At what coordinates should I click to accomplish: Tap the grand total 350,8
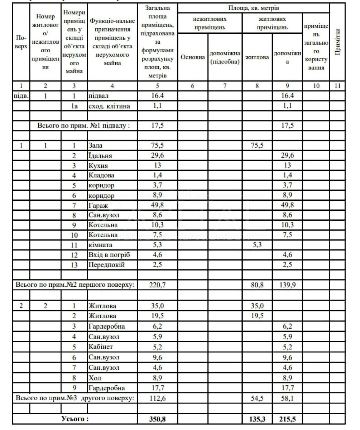tap(158, 419)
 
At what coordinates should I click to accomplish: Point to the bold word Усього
tap(75, 419)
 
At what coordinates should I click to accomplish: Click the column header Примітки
tap(337, 42)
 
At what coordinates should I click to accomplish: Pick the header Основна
tap(193, 57)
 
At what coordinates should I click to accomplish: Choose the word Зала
tap(95, 146)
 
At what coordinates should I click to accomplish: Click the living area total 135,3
tap(257, 419)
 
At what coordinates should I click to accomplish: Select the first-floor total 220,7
tap(158, 285)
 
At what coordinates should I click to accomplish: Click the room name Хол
tap(95, 378)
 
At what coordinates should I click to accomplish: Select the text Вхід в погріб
tap(109, 255)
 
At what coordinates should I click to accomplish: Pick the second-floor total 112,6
tap(158, 398)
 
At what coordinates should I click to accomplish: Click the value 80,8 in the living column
tap(257, 285)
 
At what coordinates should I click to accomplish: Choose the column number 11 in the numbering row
tap(337, 86)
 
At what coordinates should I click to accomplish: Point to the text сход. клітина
tap(109, 106)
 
